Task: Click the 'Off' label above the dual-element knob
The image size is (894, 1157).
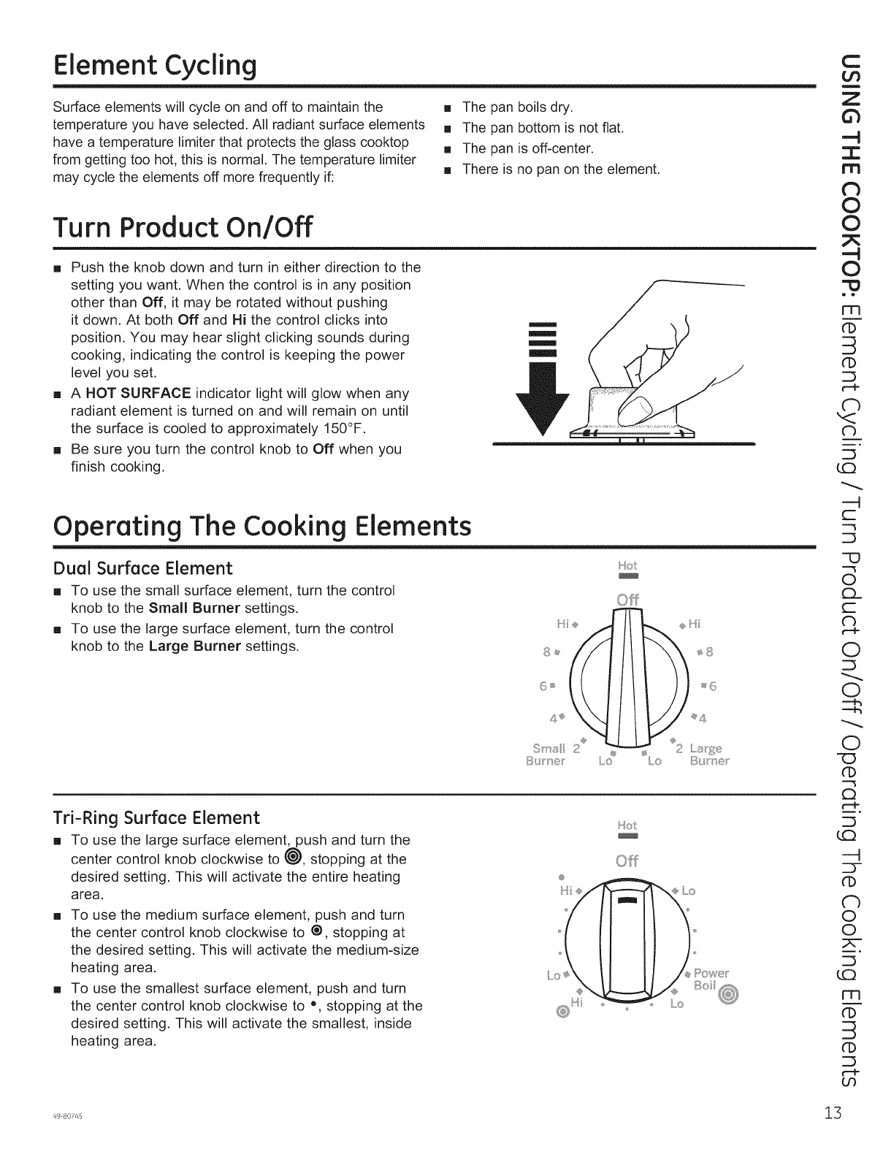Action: (x=627, y=600)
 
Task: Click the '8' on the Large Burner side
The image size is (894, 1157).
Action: (x=708, y=652)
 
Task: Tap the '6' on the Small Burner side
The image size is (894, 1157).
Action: (x=543, y=686)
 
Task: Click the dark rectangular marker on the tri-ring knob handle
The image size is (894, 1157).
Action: (x=627, y=900)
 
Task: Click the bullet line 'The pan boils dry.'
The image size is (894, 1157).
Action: (x=516, y=108)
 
